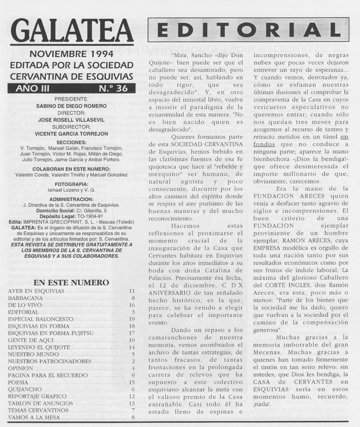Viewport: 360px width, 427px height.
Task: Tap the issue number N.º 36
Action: pos(113,88)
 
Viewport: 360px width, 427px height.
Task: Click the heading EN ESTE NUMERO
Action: pos(71,282)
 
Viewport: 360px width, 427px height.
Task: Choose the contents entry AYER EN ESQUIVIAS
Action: pos(36,291)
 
